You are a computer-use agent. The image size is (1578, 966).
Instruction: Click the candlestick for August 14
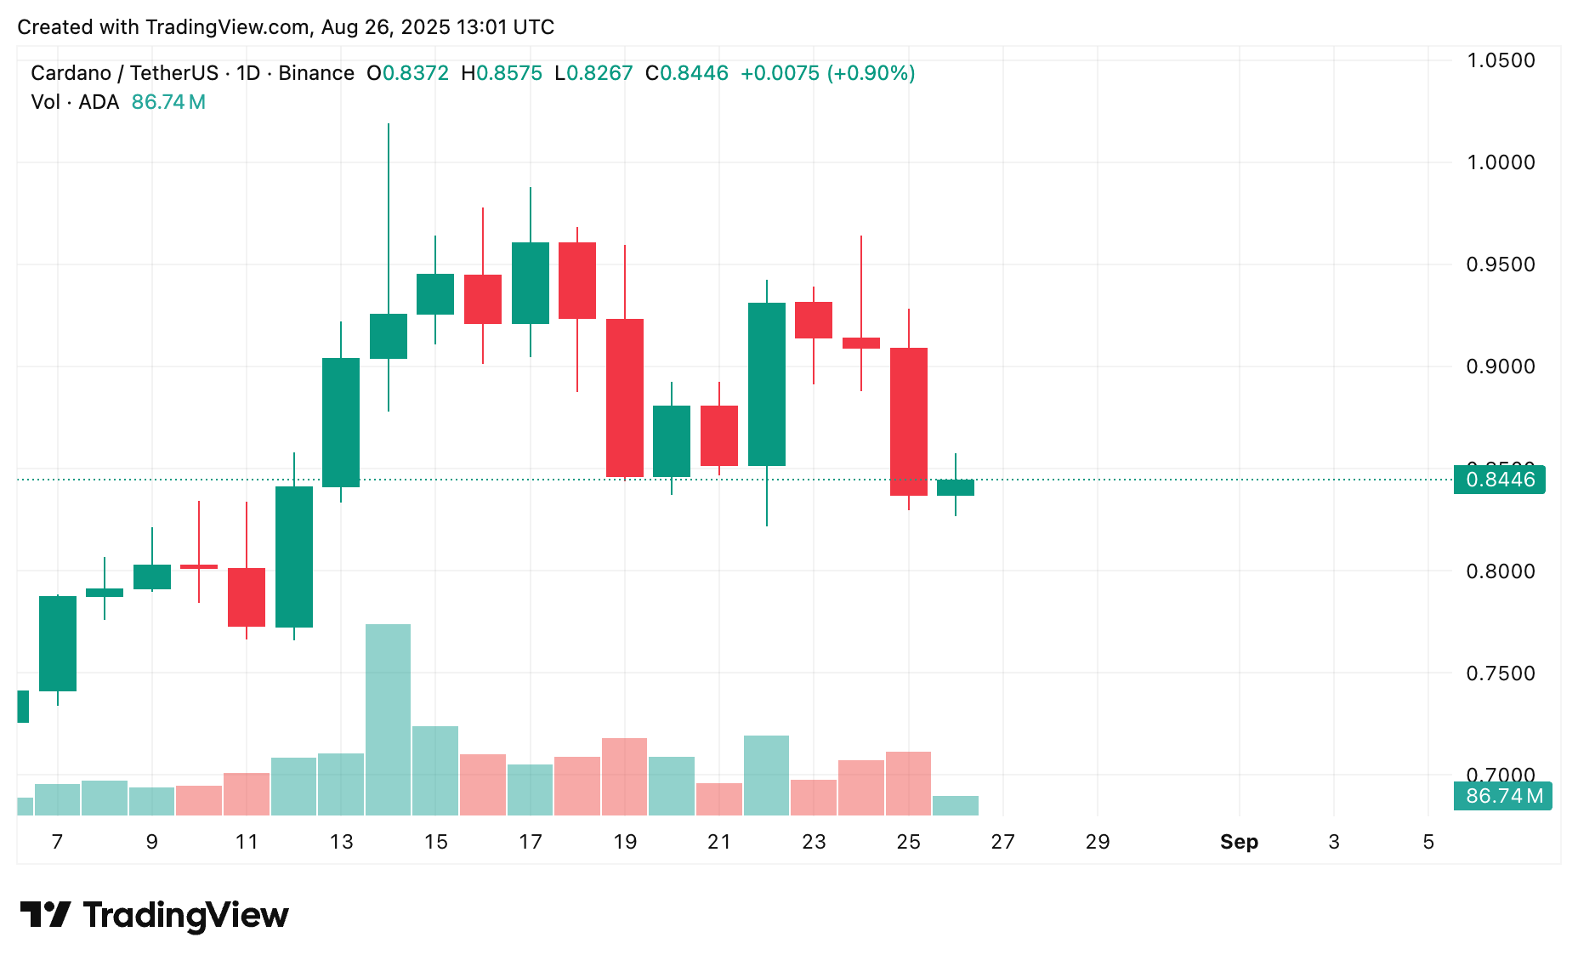click(389, 336)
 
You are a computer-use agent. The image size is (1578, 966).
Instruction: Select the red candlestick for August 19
click(625, 397)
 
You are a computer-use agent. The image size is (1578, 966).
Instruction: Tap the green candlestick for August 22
click(767, 384)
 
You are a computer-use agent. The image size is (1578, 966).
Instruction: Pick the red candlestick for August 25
click(909, 421)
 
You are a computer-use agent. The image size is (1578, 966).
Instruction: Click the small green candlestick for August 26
click(956, 487)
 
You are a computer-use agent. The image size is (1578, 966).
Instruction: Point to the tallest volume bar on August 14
click(389, 719)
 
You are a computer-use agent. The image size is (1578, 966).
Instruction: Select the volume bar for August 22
click(767, 775)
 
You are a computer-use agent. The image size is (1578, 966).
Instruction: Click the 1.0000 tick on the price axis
click(1501, 162)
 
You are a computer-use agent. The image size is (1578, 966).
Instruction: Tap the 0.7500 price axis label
click(1501, 673)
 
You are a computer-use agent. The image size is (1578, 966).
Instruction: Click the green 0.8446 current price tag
click(1500, 480)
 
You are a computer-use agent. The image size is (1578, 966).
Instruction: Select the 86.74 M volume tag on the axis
click(1503, 796)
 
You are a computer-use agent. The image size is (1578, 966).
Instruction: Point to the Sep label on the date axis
click(1239, 842)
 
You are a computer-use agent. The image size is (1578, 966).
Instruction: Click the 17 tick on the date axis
click(531, 842)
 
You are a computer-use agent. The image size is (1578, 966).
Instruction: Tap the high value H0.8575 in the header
click(502, 73)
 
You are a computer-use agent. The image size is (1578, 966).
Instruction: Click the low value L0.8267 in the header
click(593, 73)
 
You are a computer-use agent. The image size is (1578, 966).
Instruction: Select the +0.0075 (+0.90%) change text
click(827, 73)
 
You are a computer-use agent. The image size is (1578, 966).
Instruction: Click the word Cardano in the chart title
click(71, 73)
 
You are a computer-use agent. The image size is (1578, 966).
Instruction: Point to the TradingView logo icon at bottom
click(46, 915)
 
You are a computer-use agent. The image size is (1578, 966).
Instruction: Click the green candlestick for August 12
click(294, 557)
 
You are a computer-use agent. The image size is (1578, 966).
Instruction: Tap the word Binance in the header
click(316, 73)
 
